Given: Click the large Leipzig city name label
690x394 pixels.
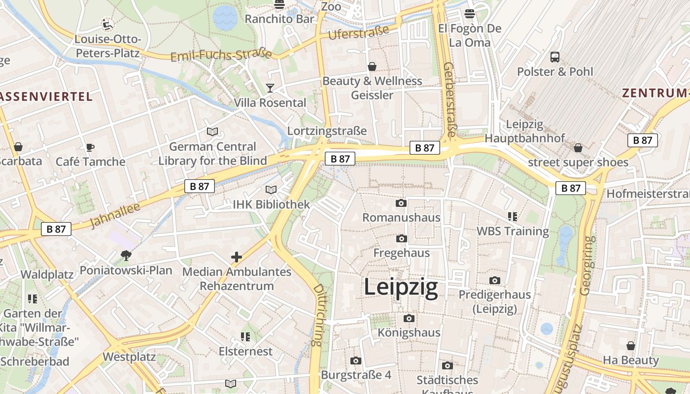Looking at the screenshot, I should click(x=401, y=288).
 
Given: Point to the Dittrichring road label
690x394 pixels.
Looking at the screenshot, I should click(x=318, y=314).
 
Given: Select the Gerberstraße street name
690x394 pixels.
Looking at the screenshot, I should click(x=449, y=99).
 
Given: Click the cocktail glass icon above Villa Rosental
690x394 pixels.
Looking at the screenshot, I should click(x=270, y=88).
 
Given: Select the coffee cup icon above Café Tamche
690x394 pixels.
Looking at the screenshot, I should click(x=90, y=147).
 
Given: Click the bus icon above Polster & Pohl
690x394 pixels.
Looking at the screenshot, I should click(x=555, y=57).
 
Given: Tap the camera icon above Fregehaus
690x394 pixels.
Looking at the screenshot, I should click(x=402, y=239).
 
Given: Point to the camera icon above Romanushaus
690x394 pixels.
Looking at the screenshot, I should click(x=401, y=203).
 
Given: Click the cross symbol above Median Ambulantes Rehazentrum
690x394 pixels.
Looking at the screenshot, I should click(x=237, y=257).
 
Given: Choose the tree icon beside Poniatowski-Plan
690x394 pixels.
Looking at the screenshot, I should click(x=126, y=255).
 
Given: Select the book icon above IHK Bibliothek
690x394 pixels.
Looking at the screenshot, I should click(x=271, y=190).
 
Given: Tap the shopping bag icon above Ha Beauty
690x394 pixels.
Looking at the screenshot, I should click(x=631, y=346).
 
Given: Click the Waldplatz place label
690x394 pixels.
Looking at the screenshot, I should click(x=47, y=274).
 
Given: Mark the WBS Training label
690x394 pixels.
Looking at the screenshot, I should click(x=513, y=231).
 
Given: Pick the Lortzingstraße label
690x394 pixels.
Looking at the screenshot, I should click(x=327, y=131).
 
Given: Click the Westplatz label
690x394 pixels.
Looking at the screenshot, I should click(x=129, y=357).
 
